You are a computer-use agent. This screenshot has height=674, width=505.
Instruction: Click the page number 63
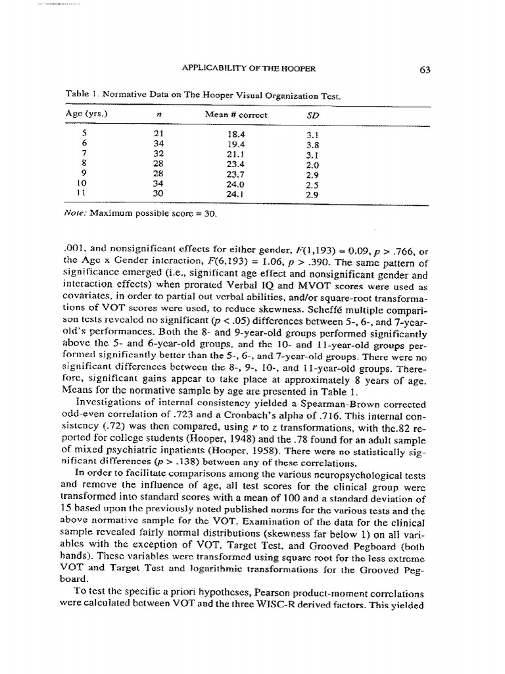423,70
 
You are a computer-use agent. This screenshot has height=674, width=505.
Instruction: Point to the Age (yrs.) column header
86,113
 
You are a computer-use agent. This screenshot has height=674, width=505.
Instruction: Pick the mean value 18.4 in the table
235,134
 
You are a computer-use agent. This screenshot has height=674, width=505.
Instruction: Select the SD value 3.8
313,144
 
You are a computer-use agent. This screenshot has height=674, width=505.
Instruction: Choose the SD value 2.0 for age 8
313,165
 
